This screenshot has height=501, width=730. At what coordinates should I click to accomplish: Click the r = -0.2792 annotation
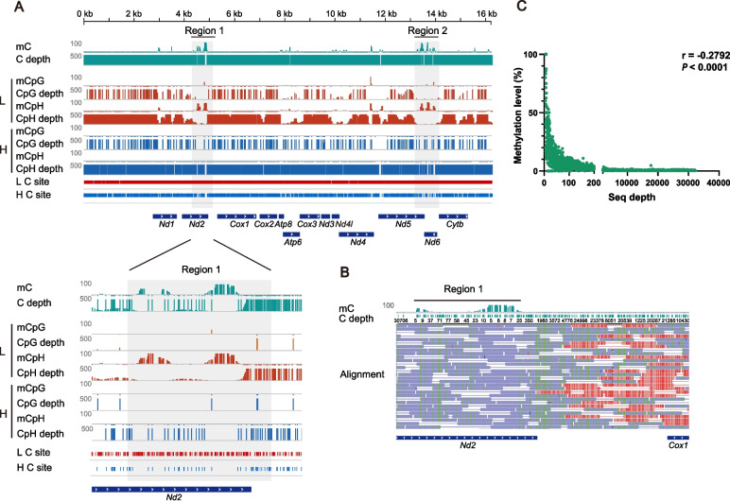click(x=687, y=69)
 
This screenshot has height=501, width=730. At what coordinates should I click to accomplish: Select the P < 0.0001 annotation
click(x=687, y=81)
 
